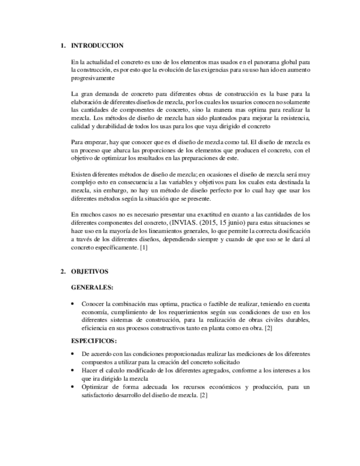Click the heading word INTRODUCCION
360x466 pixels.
pyautogui.click(x=97, y=46)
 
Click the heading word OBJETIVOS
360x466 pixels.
pyautogui.click(x=90, y=271)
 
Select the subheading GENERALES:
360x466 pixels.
pyautogui.click(x=92, y=287)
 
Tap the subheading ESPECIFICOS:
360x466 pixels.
pyautogui.click(x=94, y=341)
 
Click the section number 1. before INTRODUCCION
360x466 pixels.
pyautogui.click(x=63, y=46)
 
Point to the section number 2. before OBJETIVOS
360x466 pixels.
pyautogui.click(x=63, y=271)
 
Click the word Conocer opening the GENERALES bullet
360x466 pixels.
pyautogui.click(x=93, y=304)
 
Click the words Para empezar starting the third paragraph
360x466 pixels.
pyautogui.click(x=90, y=141)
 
